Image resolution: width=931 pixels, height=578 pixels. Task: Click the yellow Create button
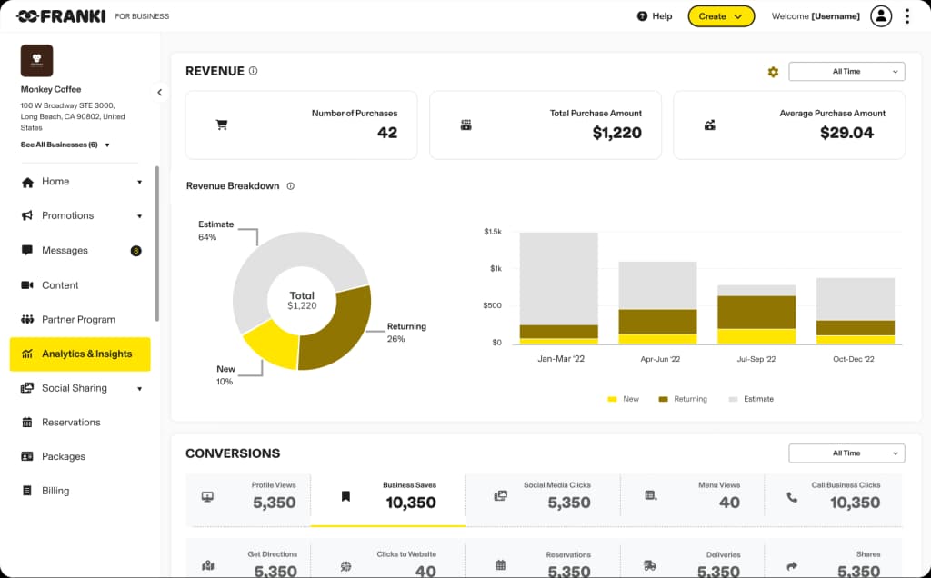pyautogui.click(x=721, y=16)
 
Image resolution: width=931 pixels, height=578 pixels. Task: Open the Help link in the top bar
pyautogui.click(x=655, y=16)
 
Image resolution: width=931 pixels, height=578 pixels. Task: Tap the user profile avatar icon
pyautogui.click(x=881, y=16)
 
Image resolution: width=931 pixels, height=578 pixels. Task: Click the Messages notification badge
pyautogui.click(x=136, y=251)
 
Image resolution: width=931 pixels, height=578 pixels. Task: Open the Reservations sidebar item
pyautogui.click(x=71, y=423)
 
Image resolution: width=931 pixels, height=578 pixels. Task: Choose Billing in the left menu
pyautogui.click(x=55, y=491)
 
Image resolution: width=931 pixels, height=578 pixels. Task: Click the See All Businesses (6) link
pyautogui.click(x=60, y=144)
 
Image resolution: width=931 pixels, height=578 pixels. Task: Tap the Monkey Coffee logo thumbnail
pyautogui.click(x=37, y=61)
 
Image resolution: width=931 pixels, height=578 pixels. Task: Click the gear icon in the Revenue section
pyautogui.click(x=773, y=72)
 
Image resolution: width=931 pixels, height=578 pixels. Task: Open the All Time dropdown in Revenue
pyautogui.click(x=846, y=71)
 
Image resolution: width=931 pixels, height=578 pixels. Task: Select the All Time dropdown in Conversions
pyautogui.click(x=846, y=453)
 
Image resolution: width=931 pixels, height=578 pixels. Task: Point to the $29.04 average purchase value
pyautogui.click(x=846, y=133)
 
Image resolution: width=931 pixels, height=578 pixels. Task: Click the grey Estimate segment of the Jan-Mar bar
pyautogui.click(x=558, y=277)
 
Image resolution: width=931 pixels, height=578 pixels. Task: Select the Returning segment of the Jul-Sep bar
pyautogui.click(x=756, y=312)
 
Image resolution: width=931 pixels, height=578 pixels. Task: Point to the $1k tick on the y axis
pyautogui.click(x=495, y=269)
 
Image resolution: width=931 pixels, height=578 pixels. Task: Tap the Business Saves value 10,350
pyautogui.click(x=411, y=503)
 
